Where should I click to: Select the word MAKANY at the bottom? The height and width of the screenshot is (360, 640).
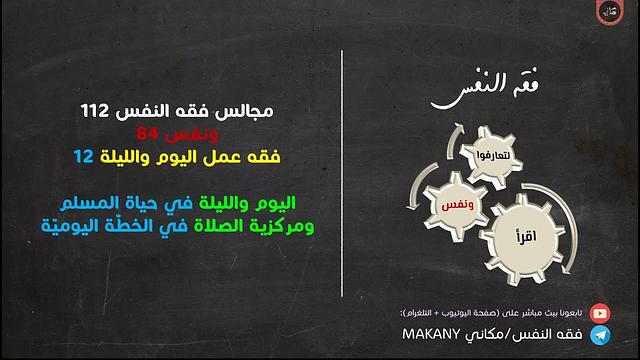[x=436, y=336]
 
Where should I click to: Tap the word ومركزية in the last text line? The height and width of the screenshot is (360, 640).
[x=275, y=226]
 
